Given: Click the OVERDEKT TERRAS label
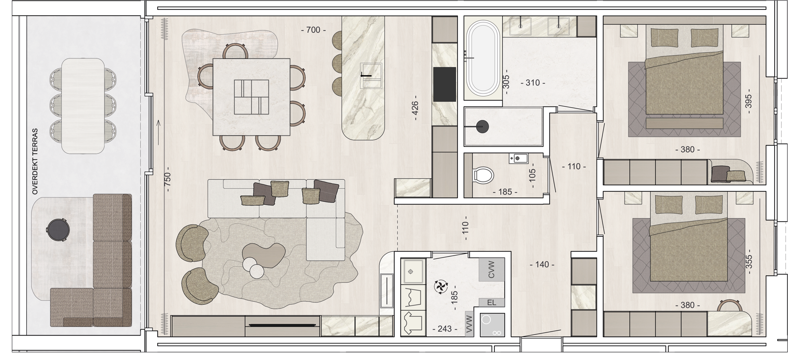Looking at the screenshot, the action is point(35,161).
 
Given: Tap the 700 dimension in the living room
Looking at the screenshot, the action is point(313,30).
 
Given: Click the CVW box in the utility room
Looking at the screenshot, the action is point(491,269).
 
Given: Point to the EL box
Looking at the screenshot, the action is point(491,302).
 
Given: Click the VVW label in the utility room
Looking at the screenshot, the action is point(469,325).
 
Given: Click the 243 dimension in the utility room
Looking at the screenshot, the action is point(445,329).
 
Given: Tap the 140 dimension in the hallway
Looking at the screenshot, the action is point(542,265).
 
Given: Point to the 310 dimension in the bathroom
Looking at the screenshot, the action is point(533,83).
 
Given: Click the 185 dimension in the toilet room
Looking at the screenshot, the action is point(505,192).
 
